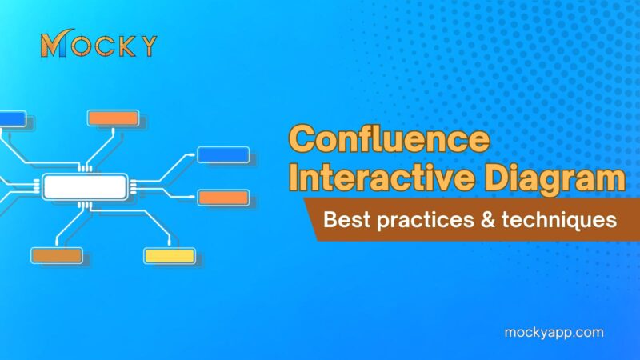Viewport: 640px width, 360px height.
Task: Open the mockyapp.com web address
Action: coord(555,332)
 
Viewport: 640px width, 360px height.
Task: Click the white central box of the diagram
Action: coord(84,186)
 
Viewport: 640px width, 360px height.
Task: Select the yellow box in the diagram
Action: coord(169,256)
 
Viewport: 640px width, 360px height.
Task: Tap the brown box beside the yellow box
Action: coord(56,256)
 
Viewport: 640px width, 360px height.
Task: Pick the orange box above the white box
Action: coord(113,118)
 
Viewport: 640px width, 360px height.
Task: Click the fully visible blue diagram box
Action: coord(222,154)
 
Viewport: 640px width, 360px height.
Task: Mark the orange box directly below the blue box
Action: coord(222,197)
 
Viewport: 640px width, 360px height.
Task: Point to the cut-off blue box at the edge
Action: coord(12,118)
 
